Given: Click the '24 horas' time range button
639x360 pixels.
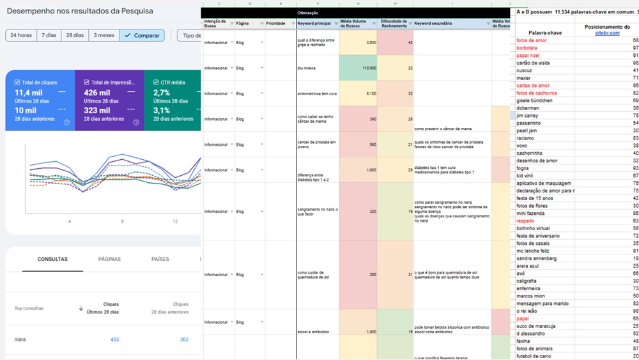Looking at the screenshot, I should tap(21, 35).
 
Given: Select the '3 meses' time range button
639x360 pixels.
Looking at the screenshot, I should tap(103, 35).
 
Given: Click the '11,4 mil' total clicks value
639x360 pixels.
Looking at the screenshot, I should tap(28, 93).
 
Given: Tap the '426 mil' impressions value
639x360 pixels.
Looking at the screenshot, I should tap(96, 93).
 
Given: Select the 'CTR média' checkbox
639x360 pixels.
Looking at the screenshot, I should tap(157, 82).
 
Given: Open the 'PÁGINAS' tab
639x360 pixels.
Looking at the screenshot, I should tap(109, 259).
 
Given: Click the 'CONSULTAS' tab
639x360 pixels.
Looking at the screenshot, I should tap(52, 259).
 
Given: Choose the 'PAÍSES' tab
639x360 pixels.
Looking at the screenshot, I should tap(160, 259).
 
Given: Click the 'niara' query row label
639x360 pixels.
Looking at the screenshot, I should tap(20, 340).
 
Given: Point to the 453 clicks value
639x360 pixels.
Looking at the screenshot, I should tap(114, 340).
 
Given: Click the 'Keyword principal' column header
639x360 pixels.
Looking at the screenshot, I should tap(314, 23).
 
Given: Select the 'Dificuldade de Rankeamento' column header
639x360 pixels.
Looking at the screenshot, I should tap(394, 23).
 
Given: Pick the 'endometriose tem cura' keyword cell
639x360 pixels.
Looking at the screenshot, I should tap(317, 93).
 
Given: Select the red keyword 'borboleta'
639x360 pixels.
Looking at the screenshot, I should tap(528, 48).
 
